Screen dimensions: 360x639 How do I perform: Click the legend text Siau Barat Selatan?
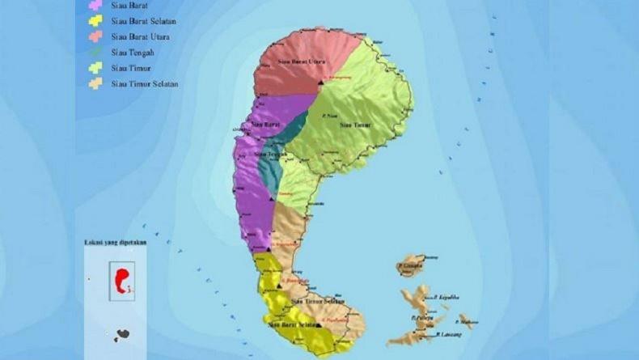[x=145, y=21]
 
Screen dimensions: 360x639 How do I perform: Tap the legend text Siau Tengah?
[x=133, y=53]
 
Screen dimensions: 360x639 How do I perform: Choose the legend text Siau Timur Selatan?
[x=145, y=83]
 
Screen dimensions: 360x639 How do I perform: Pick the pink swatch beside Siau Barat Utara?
[x=95, y=37]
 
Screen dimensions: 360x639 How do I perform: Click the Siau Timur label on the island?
[x=355, y=125]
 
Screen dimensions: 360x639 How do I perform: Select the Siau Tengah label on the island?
[x=269, y=153]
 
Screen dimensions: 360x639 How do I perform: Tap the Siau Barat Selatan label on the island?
[x=292, y=324]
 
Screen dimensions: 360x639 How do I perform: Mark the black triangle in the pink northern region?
[x=321, y=83]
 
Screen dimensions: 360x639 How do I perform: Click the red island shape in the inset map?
[x=123, y=280]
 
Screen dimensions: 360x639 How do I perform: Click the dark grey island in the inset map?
[x=121, y=334]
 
